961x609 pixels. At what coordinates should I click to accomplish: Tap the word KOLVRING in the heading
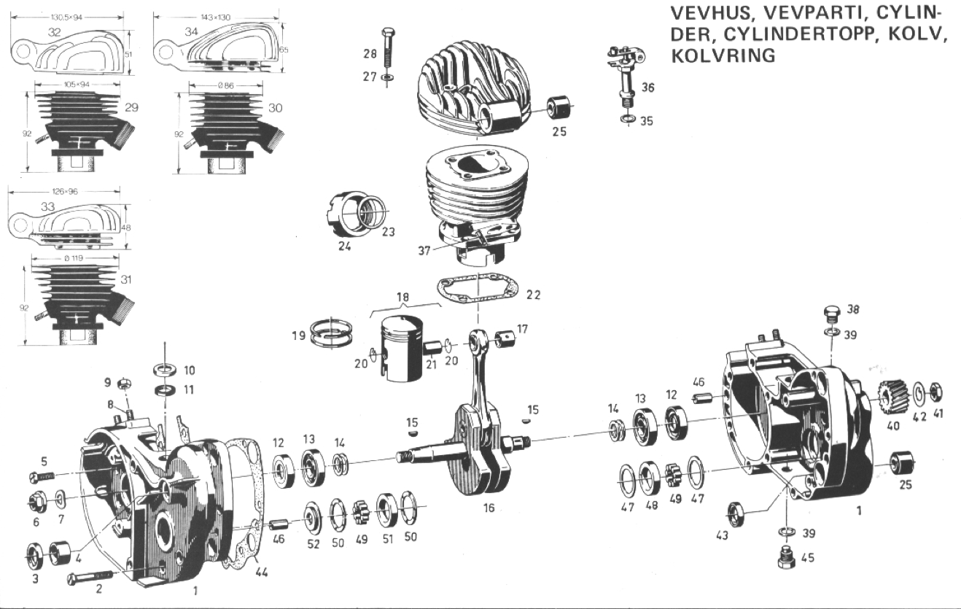click(x=723, y=55)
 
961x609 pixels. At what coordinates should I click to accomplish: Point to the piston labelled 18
click(x=402, y=349)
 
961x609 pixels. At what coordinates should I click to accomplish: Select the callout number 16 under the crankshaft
click(x=489, y=508)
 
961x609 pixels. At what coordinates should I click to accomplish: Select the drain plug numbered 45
click(x=786, y=558)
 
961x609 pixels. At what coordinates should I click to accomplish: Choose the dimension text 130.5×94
click(x=66, y=18)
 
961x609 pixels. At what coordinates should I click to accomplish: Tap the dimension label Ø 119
click(x=74, y=258)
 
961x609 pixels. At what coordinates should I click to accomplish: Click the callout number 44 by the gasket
click(x=262, y=572)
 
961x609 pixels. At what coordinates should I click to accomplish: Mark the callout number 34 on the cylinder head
click(x=191, y=32)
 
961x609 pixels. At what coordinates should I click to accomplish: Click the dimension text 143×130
click(x=215, y=18)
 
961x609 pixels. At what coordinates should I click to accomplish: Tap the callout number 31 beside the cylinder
click(x=125, y=280)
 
